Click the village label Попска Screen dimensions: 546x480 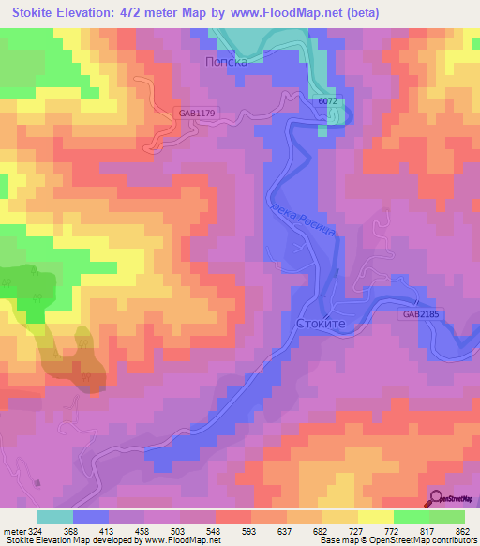pos(226,59)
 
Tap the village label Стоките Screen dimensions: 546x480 pos(322,322)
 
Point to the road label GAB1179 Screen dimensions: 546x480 pos(197,114)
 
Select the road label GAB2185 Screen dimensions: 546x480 pos(423,315)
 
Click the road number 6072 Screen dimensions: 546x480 pos(327,101)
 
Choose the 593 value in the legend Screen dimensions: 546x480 pos(249,530)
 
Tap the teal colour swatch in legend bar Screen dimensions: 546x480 pos(55,517)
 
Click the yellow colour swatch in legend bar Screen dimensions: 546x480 pos(375,517)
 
